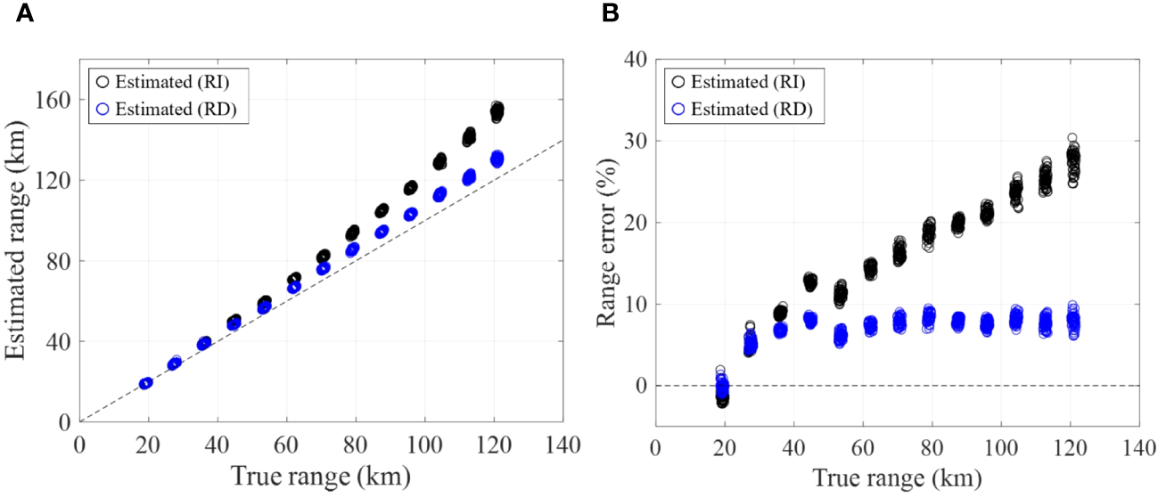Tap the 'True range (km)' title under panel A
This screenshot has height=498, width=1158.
point(321,478)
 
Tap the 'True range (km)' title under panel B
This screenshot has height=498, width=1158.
point(896,478)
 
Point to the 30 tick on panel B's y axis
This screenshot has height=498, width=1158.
point(635,141)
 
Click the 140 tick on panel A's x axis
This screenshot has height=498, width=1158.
point(562,444)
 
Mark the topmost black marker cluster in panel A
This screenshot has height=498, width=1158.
point(497,111)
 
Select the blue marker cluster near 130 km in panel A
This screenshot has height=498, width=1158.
point(497,159)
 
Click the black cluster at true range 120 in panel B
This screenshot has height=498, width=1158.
point(1072,162)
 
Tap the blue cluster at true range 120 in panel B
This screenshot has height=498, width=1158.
point(1072,320)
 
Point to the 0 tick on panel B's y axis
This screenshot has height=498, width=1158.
point(640,386)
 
